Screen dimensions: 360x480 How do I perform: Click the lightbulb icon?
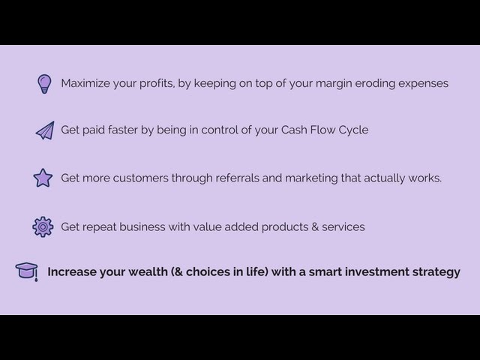(43, 83)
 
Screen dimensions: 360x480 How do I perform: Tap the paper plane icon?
(44, 130)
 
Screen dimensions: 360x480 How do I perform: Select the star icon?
(43, 178)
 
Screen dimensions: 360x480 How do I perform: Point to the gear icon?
(43, 226)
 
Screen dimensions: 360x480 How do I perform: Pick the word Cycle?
(351, 130)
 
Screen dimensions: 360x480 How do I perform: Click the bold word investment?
(374, 271)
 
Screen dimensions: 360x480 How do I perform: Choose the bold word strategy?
(436, 272)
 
